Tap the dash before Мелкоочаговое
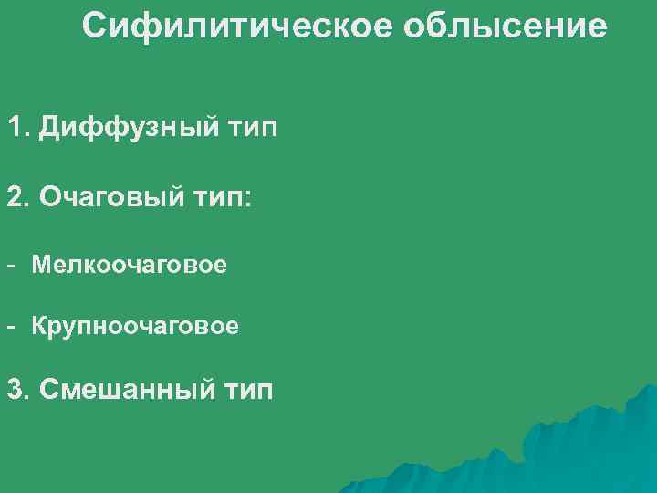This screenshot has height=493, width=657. click(x=12, y=266)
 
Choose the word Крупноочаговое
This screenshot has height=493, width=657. click(x=135, y=326)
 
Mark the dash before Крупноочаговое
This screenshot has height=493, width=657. click(x=12, y=325)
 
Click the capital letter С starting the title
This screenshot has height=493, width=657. click(x=94, y=26)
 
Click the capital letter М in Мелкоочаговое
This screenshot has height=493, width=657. click(x=41, y=266)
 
